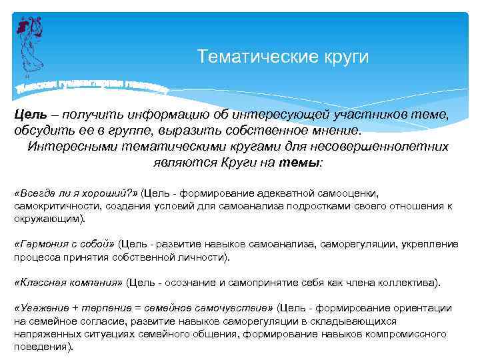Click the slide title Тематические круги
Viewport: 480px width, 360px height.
(283, 57)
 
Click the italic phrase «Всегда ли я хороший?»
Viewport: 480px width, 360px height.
(76, 193)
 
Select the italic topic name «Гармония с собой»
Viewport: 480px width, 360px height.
(65, 245)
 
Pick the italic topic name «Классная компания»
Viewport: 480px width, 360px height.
(68, 283)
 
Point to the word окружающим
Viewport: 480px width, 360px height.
(47, 219)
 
